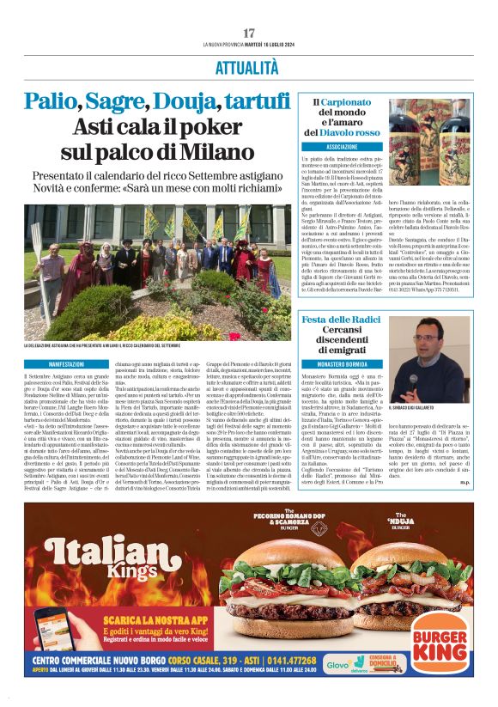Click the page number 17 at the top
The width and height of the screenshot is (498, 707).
[x=248, y=33]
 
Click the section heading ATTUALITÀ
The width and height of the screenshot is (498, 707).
[x=248, y=67]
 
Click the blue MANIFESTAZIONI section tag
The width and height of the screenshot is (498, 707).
[x=48, y=365]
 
